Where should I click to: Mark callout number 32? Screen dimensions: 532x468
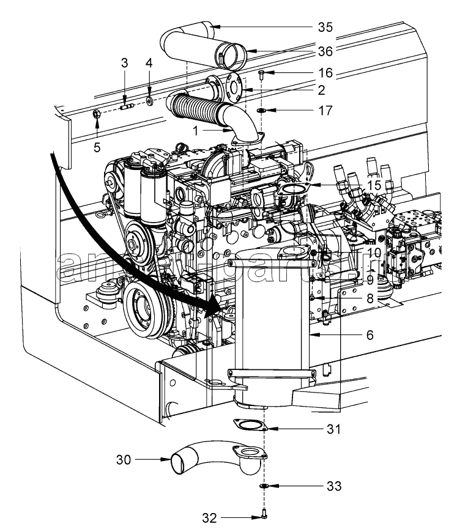[209, 517]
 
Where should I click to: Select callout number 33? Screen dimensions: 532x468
[333, 486]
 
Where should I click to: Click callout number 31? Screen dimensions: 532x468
[333, 430]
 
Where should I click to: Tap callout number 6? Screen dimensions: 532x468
[371, 336]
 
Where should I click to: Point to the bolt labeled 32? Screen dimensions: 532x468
[264, 514]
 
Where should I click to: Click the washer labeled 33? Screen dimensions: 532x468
[264, 486]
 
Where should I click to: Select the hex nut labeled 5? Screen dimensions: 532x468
[96, 113]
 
